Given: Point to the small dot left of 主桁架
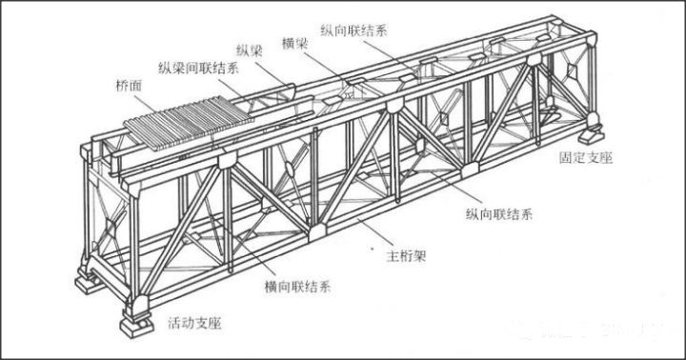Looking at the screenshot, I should (x=371, y=250).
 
